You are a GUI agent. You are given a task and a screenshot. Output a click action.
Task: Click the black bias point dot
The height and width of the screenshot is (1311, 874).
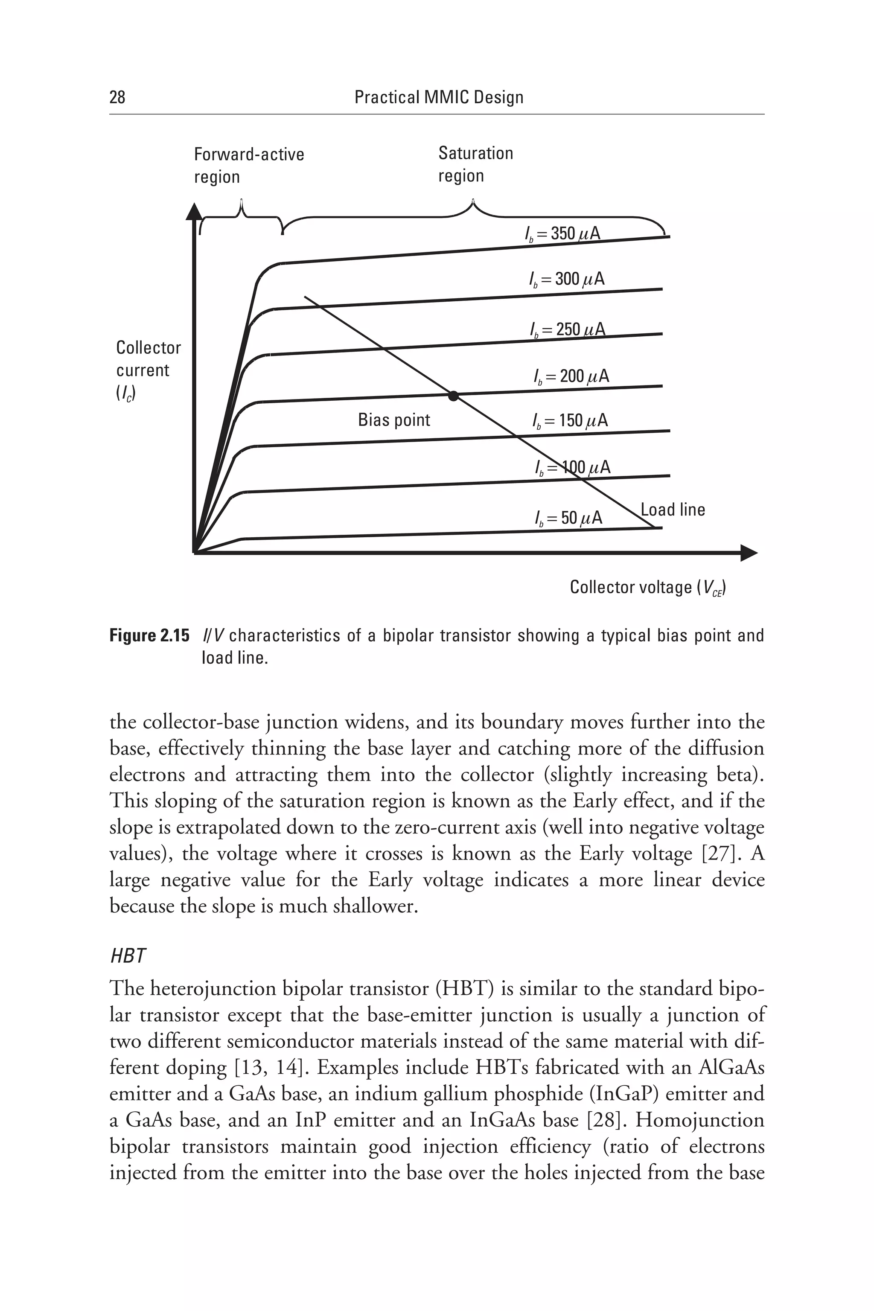point(453,396)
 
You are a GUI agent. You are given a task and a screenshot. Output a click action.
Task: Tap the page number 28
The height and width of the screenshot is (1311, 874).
point(118,98)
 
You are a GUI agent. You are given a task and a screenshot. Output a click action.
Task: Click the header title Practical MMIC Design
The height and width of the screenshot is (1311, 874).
point(439,98)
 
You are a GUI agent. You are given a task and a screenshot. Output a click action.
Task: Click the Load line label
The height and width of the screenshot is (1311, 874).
point(673,510)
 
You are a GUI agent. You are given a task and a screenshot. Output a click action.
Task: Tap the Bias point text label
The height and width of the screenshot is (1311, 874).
point(393,420)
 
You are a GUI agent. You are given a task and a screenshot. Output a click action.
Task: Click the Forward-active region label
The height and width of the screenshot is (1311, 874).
point(249,166)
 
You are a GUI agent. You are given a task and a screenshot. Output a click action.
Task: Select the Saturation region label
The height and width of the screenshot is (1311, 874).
point(475,164)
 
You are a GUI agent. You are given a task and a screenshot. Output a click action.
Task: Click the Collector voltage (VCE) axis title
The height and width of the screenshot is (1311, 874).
point(647,588)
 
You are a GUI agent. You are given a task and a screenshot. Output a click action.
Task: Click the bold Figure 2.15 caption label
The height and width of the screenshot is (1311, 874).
point(149,636)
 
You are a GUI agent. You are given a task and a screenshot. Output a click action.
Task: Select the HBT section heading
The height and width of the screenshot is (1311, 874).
point(128,956)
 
